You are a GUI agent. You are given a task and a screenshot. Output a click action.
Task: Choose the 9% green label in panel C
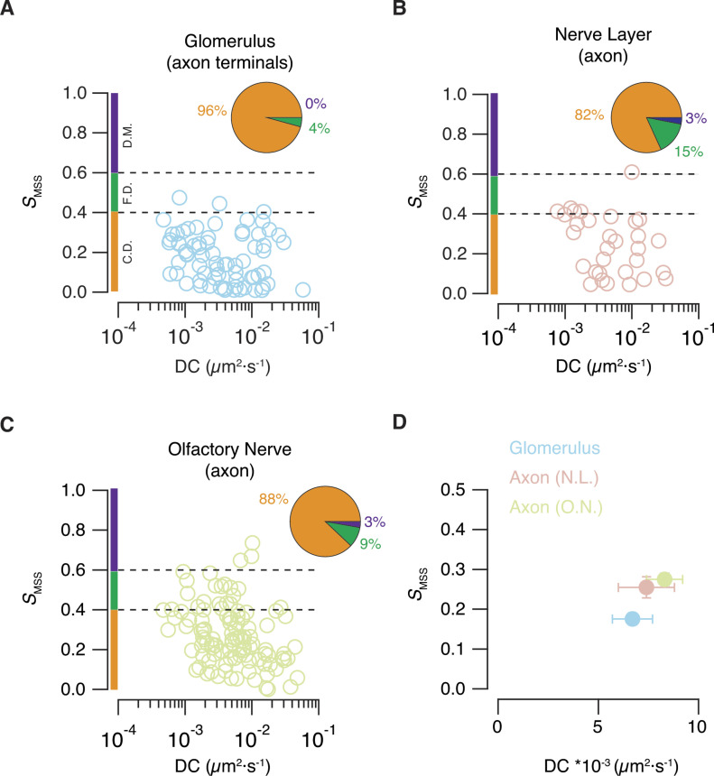point(371,544)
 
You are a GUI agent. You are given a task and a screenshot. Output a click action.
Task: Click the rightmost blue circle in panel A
point(302,290)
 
